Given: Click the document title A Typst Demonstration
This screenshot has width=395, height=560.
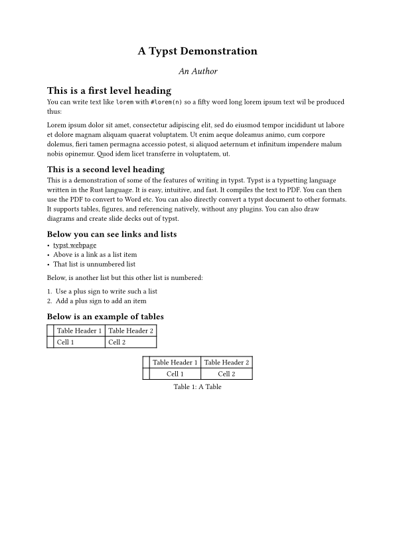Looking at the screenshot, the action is (197, 51).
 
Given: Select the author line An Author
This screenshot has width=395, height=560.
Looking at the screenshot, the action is (197, 71).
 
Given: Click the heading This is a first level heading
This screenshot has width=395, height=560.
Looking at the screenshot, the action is (109, 90).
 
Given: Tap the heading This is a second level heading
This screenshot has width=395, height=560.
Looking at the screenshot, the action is (106, 170).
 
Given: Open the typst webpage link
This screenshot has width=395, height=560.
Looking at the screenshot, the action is (74, 245).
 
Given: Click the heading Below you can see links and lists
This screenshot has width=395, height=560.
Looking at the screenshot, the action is (112, 234).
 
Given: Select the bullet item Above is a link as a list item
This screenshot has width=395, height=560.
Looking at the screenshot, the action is (95, 254).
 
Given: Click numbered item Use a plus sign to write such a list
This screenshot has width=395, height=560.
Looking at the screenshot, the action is (106, 291).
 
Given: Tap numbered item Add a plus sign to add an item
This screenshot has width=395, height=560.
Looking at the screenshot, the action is (101, 301).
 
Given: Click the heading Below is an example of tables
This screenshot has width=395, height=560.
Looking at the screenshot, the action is (105, 317).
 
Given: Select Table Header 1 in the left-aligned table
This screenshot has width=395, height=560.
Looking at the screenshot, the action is (79, 331).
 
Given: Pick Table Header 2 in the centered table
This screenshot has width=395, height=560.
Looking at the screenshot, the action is (226, 362).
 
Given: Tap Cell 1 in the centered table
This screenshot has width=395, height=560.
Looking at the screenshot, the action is (175, 374).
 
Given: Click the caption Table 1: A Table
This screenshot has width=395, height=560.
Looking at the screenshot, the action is (197, 386).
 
